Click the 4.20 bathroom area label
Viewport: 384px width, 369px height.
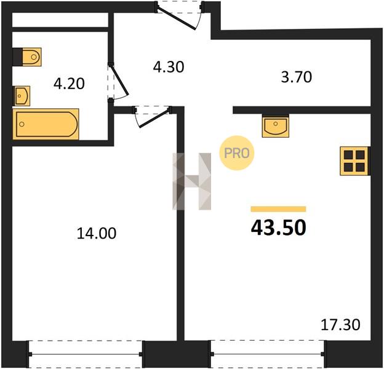[69, 84]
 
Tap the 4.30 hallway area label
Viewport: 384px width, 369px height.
[169, 67]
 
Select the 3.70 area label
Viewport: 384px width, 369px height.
[297, 77]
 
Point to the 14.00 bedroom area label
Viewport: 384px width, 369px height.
[97, 233]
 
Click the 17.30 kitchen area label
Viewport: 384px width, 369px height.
[340, 325]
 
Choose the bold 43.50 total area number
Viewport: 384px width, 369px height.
[278, 228]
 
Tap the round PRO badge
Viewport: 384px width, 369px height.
[236, 153]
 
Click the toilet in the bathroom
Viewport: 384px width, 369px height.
[27, 57]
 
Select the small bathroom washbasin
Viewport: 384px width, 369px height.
[22, 96]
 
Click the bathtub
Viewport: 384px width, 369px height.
[46, 124]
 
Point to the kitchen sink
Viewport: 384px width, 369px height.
[276, 126]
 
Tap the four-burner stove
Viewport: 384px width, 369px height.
[354, 161]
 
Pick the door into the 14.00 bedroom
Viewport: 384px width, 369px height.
[153, 116]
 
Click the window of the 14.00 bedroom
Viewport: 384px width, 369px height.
[86, 354]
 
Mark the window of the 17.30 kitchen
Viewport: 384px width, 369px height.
[268, 354]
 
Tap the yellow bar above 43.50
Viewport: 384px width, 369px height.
[278, 209]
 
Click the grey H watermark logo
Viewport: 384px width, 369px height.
[192, 181]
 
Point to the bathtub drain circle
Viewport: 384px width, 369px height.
[22, 124]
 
